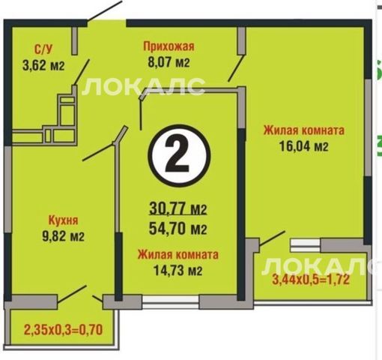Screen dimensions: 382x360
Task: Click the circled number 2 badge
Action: [x=179, y=156]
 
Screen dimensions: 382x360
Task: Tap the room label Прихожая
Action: [x=169, y=46]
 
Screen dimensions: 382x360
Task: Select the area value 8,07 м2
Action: [x=169, y=62]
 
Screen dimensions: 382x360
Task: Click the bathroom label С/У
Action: [x=43, y=49]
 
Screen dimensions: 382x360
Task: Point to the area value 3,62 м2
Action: [x=43, y=66]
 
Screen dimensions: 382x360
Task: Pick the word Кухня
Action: [x=63, y=220]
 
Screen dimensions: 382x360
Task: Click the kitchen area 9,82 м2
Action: [x=63, y=236]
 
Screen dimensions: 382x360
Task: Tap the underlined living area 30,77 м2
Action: [x=178, y=209]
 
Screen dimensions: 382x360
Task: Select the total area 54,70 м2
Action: [x=178, y=229]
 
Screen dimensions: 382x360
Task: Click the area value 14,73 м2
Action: [x=178, y=270]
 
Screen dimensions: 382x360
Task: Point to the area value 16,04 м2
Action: [x=304, y=146]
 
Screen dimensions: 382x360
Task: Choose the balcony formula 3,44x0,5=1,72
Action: [x=311, y=280]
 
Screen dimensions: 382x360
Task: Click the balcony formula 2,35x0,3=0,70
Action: [x=63, y=330]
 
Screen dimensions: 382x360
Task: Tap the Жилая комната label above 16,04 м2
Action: [x=304, y=130]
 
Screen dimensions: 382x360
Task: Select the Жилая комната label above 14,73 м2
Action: [x=178, y=254]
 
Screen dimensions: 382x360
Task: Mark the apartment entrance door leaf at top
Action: [x=104, y=10]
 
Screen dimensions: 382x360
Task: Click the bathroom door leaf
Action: [x=82, y=72]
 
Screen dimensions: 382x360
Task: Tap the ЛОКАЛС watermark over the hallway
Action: [x=144, y=86]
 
